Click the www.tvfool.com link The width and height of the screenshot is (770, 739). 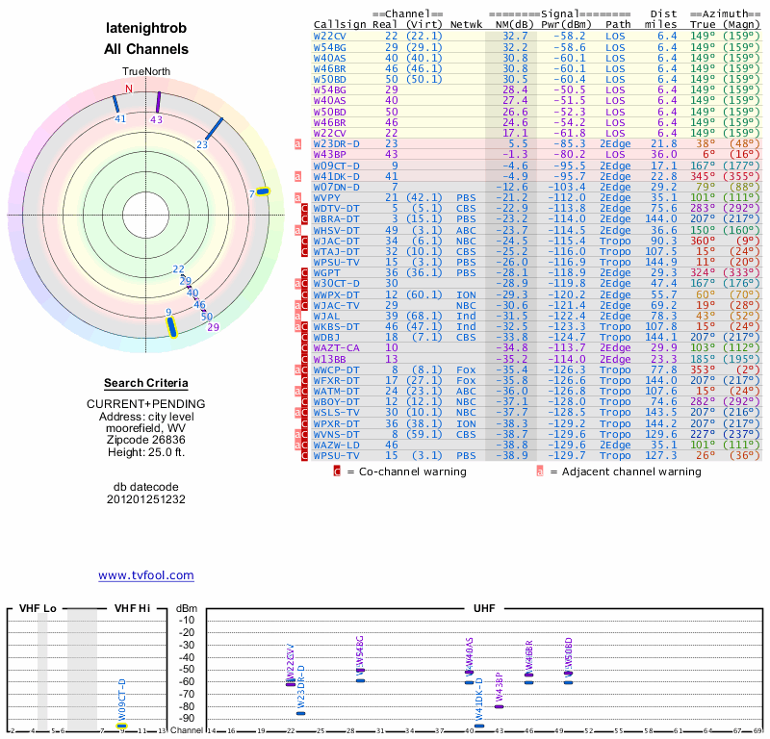point(146,575)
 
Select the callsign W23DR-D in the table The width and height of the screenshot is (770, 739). point(337,143)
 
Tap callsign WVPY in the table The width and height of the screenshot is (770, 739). point(328,196)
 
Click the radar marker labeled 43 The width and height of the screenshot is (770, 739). point(158,102)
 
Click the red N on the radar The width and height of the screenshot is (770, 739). point(128,89)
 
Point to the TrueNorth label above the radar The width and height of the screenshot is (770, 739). point(145,72)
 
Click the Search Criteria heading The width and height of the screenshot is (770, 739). point(145,383)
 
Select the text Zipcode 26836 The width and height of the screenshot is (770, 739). point(145,441)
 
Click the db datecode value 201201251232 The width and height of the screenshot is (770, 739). point(145,499)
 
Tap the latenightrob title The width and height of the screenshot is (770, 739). point(146,30)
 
